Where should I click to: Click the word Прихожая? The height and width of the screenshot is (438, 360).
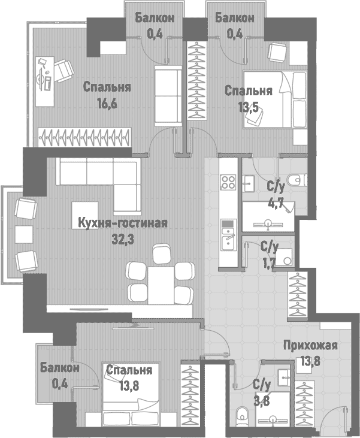pyautogui.click(x=310, y=345)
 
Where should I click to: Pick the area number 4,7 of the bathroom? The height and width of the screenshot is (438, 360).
pyautogui.click(x=276, y=202)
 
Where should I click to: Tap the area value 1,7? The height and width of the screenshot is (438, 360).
pyautogui.click(x=270, y=262)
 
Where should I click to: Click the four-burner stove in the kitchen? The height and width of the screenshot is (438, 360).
pyautogui.click(x=228, y=182)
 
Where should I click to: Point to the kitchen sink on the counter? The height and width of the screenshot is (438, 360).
pyautogui.click(x=228, y=241)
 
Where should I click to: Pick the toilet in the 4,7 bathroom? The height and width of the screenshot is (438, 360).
pyautogui.click(x=295, y=179)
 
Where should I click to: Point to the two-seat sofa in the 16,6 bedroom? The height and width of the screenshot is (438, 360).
pyautogui.click(x=168, y=95)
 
